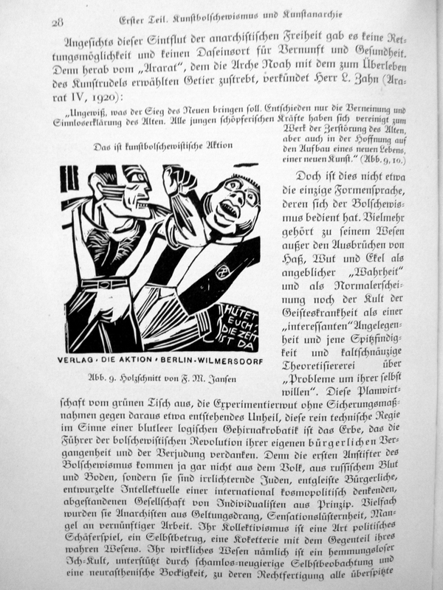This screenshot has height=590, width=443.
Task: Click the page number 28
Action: (57, 21)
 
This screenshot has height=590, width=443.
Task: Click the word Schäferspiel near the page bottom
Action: (97, 541)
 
